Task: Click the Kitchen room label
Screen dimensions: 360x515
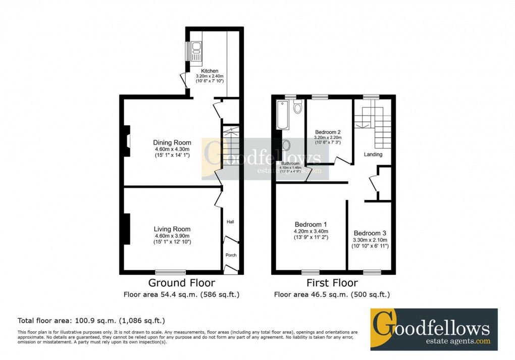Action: click(210, 71)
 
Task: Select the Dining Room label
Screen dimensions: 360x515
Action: click(172, 142)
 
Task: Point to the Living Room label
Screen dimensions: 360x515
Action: click(172, 229)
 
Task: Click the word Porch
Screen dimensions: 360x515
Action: click(230, 255)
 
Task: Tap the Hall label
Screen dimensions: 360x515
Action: click(230, 222)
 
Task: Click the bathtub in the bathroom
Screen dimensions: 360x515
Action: click(283, 115)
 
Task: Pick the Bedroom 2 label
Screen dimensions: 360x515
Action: click(328, 132)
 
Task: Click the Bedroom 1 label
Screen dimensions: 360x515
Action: click(311, 225)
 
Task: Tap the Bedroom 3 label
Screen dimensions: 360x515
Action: click(370, 233)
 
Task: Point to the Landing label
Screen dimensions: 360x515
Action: click(373, 155)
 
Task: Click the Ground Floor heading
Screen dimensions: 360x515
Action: click(181, 283)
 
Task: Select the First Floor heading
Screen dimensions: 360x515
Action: click(332, 283)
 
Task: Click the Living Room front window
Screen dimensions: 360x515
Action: click(170, 272)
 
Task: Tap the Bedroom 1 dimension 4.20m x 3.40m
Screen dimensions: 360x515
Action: click(311, 231)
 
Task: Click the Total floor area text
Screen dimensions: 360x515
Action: click(91, 321)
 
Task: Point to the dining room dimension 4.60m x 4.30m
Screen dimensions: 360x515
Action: click(172, 149)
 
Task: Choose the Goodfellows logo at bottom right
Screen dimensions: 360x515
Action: click(434, 329)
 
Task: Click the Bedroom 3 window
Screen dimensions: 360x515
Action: click(372, 272)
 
